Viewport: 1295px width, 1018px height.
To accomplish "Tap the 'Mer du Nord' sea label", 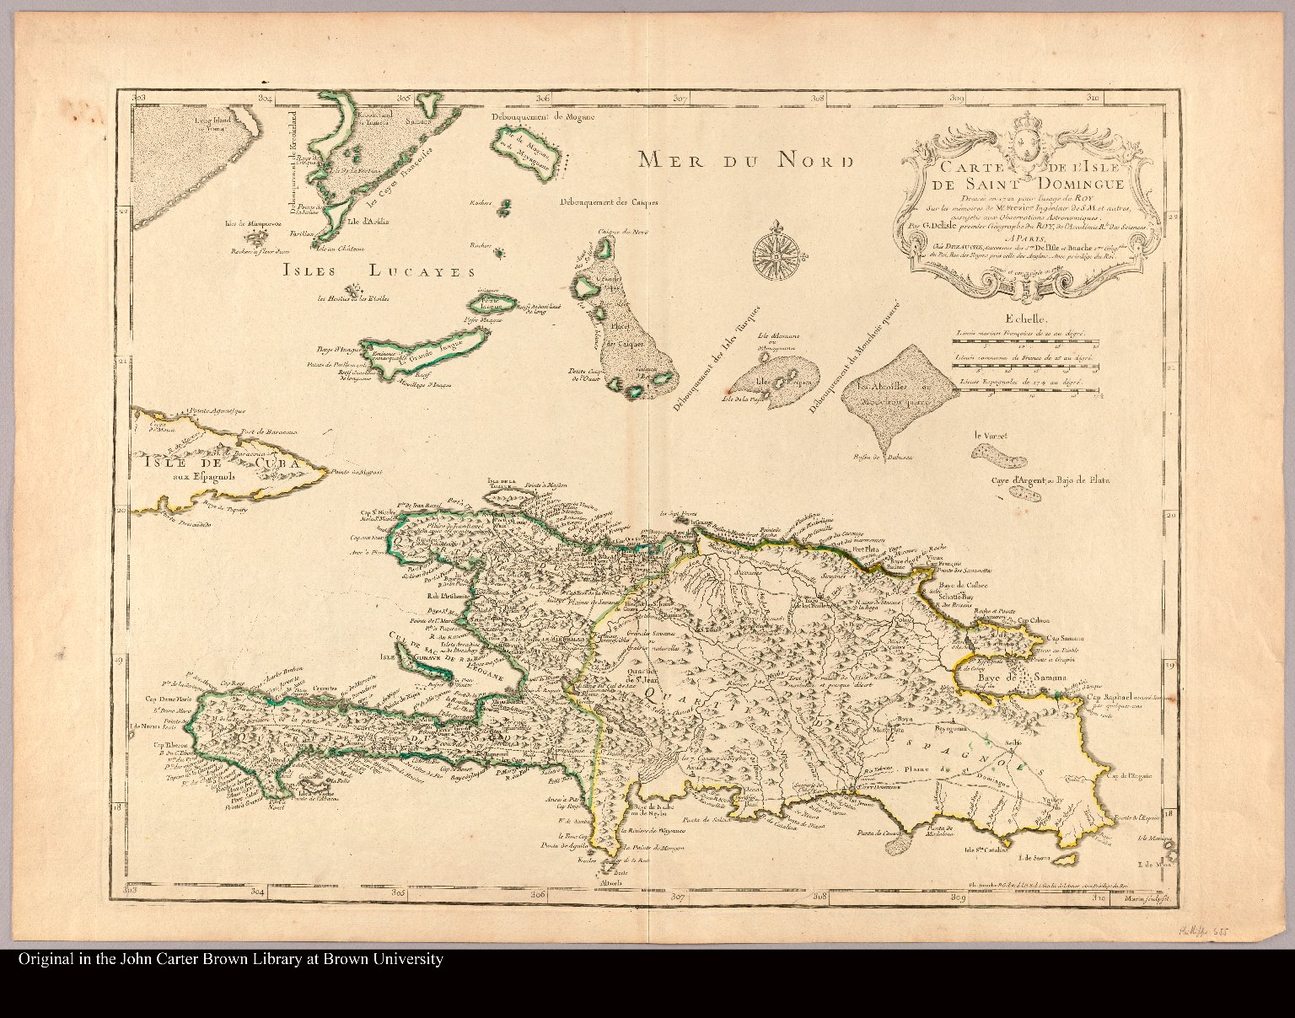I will [x=745, y=160].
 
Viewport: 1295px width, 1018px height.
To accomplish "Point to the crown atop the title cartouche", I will [x=1024, y=139].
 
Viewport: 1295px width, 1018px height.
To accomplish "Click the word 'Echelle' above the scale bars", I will [x=1025, y=320].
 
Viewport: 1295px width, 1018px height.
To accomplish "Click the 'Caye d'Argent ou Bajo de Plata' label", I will [x=1051, y=480].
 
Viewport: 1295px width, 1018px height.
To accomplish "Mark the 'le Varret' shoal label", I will [x=990, y=436].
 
